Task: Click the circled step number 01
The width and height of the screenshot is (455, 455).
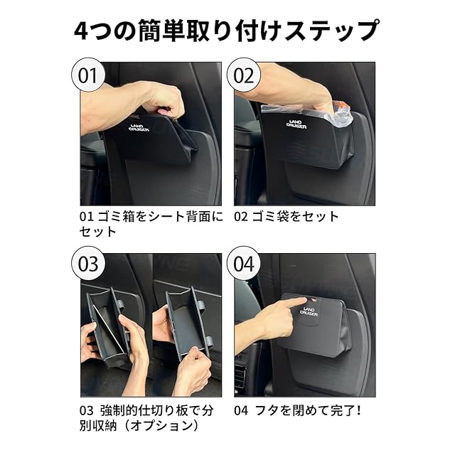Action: pyautogui.click(x=88, y=75)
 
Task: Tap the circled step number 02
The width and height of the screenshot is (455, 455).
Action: pyautogui.click(x=243, y=75)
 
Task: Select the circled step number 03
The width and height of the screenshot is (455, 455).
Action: pyautogui.click(x=88, y=264)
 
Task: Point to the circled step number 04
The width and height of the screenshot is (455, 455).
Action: pyautogui.click(x=243, y=264)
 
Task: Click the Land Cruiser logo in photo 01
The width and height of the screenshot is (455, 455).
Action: pyautogui.click(x=139, y=128)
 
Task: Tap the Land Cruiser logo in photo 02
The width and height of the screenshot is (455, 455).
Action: pyautogui.click(x=296, y=124)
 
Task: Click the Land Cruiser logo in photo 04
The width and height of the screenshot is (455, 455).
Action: pyautogui.click(x=309, y=311)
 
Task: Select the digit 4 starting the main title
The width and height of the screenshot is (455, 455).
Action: pyautogui.click(x=81, y=31)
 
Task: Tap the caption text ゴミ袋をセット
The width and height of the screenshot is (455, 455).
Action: pyautogui.click(x=295, y=216)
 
